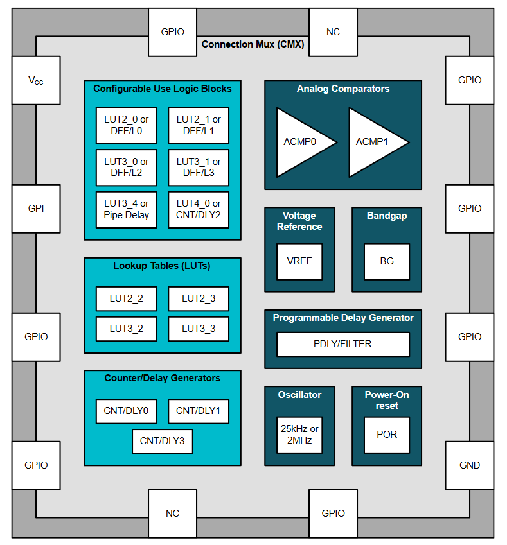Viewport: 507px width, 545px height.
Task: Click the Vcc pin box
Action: [36, 80]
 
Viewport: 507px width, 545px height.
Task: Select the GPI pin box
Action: [36, 209]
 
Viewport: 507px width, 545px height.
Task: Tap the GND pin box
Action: [470, 465]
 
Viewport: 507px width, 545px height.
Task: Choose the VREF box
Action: [299, 261]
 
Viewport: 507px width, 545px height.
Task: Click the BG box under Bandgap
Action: [387, 261]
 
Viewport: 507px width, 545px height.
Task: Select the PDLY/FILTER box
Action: [343, 344]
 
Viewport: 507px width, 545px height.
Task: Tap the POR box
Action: [387, 435]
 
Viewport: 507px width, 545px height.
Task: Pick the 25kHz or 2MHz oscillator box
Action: [299, 435]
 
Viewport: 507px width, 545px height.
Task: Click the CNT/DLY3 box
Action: [162, 442]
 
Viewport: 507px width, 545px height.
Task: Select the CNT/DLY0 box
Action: [127, 411]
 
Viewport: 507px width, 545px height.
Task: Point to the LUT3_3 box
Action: [199, 329]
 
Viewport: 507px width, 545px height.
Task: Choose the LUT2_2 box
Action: [127, 298]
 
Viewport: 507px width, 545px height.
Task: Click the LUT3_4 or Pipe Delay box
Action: [127, 209]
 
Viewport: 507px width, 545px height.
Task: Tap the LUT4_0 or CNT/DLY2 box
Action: [199, 209]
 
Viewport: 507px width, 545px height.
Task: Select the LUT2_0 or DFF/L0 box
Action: [127, 125]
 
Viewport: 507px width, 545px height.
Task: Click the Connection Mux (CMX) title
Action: [253, 44]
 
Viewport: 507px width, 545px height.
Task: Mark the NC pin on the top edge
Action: [333, 32]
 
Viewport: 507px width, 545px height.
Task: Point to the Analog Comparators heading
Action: [343, 89]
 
